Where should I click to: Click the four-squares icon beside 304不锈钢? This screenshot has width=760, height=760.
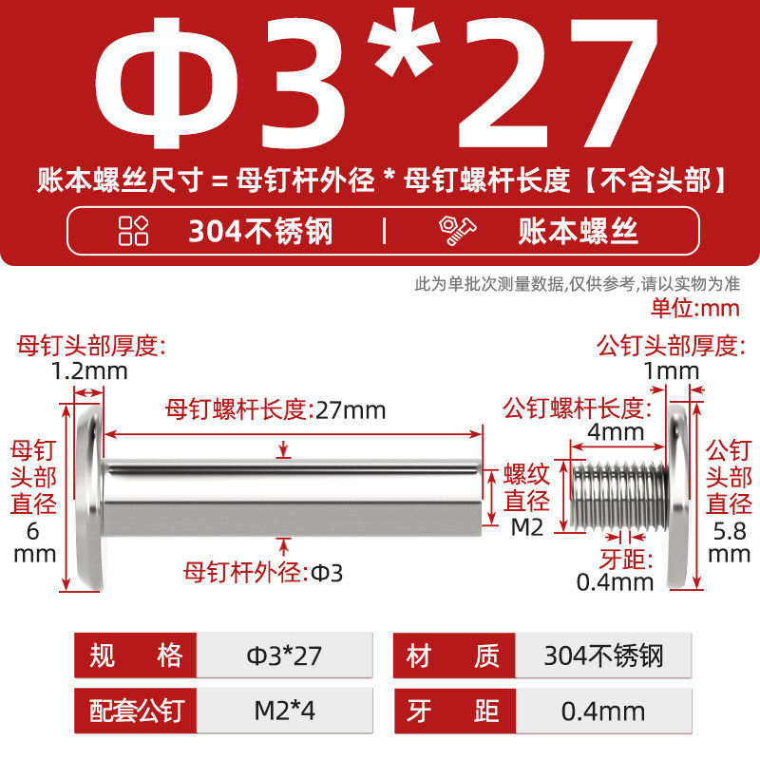(x=133, y=230)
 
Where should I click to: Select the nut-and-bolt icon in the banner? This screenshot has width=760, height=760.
(x=457, y=231)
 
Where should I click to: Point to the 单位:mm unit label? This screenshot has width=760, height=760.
(x=695, y=308)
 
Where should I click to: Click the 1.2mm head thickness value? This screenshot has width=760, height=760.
(x=89, y=371)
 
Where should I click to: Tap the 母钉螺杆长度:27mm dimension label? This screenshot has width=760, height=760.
(x=275, y=410)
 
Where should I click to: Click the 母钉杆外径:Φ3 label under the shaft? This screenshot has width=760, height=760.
(x=263, y=573)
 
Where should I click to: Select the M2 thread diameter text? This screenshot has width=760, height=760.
(x=527, y=527)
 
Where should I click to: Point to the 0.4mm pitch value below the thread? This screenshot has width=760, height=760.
(x=615, y=582)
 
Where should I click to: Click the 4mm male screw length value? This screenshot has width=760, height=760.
(x=616, y=431)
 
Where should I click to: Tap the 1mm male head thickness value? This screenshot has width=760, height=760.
(x=672, y=371)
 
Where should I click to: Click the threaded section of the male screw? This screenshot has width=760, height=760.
(x=619, y=495)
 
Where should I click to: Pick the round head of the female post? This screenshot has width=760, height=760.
(x=90, y=496)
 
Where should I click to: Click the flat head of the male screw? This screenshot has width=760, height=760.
(x=678, y=496)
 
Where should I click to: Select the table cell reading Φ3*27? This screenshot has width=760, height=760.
(x=284, y=655)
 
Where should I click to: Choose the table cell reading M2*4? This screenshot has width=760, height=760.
(x=284, y=711)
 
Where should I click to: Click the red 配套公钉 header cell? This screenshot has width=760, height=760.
(x=136, y=711)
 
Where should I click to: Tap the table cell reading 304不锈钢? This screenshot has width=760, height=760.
(x=603, y=655)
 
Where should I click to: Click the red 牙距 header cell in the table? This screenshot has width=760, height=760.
(x=455, y=711)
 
